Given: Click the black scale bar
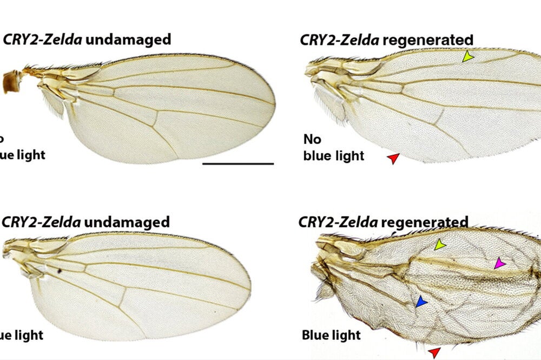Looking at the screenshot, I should [238, 163].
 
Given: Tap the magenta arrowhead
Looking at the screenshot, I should [499, 264].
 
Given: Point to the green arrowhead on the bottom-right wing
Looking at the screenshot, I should [440, 245].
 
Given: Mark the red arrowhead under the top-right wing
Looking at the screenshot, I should [393, 158].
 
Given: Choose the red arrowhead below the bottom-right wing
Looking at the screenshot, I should [434, 353].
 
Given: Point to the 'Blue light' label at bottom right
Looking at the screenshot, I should [332, 335].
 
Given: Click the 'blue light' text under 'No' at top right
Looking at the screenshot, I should [333, 156].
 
